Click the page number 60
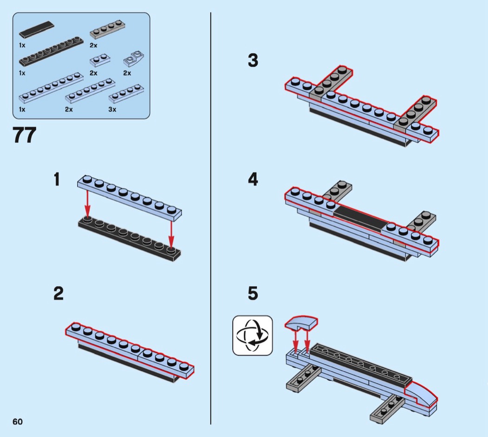18,421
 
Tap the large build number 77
24,135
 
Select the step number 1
57,180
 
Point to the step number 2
58,294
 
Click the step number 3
253,61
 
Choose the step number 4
253,180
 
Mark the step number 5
253,294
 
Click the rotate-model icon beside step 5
252,335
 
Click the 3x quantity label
112,109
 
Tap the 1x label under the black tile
22,45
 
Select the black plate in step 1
129,239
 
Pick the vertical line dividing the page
211,218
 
